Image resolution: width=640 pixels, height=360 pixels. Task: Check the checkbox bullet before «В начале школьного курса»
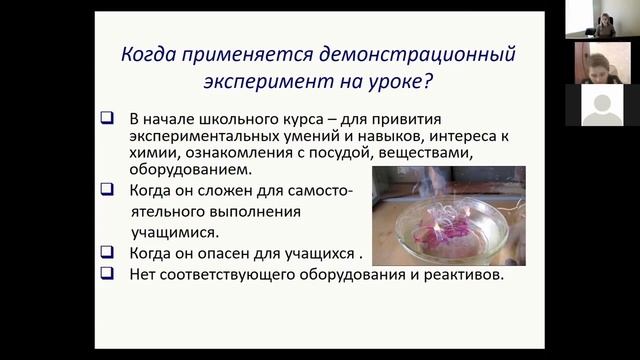107,119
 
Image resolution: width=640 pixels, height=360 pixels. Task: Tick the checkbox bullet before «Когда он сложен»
107,189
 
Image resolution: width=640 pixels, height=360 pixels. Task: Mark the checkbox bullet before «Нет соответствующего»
107,273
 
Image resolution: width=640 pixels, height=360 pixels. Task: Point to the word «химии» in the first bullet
151,153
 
